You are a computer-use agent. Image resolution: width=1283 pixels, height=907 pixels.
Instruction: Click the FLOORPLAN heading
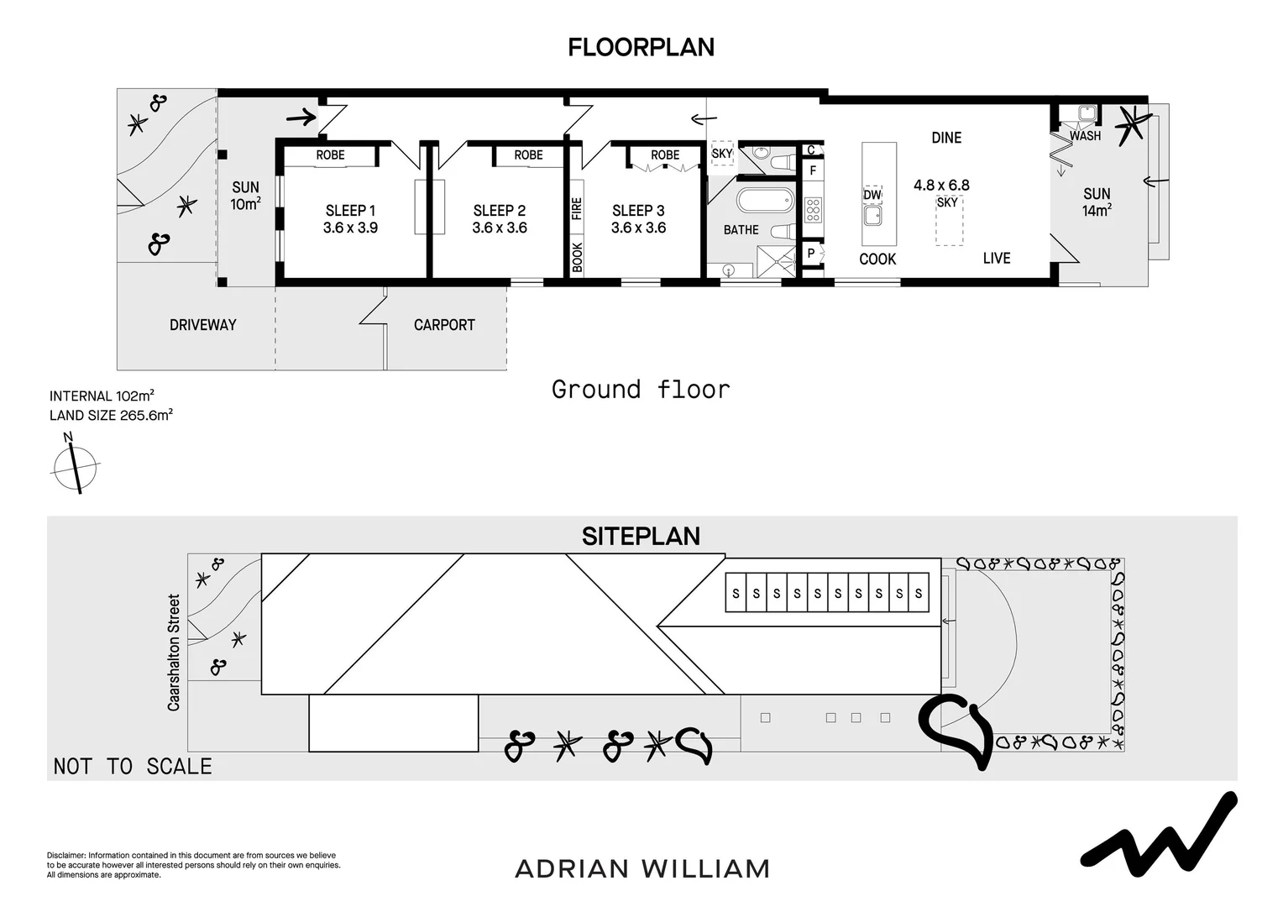pyautogui.click(x=641, y=47)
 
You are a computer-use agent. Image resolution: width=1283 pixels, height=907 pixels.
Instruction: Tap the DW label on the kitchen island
pyautogui.click(x=872, y=195)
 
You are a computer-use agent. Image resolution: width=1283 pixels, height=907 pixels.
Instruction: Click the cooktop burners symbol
pyautogui.click(x=812, y=209)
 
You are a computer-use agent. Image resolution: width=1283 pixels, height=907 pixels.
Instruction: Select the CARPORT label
pyautogui.click(x=444, y=325)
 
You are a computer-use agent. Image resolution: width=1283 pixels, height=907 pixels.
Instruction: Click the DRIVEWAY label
pyautogui.click(x=202, y=325)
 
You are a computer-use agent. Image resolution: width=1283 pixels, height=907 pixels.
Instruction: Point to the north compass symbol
pyautogui.click(x=76, y=465)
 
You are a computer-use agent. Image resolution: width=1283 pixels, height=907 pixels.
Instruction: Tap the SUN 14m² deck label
pyautogui.click(x=1097, y=202)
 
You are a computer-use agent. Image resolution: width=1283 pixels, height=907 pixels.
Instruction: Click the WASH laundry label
pyautogui.click(x=1085, y=136)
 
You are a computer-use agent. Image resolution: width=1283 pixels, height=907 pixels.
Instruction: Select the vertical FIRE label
pyautogui.click(x=577, y=209)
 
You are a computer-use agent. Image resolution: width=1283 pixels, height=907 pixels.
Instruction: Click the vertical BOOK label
pyautogui.click(x=577, y=257)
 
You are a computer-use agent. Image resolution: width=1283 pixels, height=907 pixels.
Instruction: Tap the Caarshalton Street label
pyautogui.click(x=174, y=653)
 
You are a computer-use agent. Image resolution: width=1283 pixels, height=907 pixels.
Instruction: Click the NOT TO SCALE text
pyautogui.click(x=133, y=766)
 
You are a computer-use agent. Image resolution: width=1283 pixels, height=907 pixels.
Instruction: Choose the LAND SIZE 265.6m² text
pyautogui.click(x=111, y=415)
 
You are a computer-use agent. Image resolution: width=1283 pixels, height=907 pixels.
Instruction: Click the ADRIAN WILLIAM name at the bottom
pyautogui.click(x=642, y=868)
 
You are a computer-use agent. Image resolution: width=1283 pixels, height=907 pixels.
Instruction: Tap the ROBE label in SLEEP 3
pyautogui.click(x=665, y=155)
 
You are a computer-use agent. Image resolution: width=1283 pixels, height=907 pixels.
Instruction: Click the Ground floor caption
pyautogui.click(x=641, y=390)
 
